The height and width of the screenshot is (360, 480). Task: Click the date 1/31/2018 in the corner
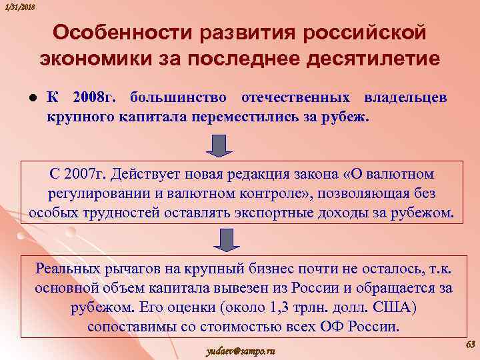pos(19,6)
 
